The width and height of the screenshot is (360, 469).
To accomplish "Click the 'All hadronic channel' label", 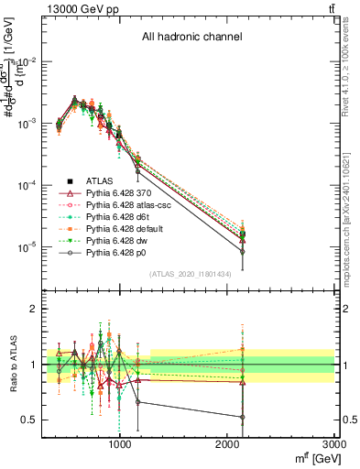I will click(191, 38).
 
